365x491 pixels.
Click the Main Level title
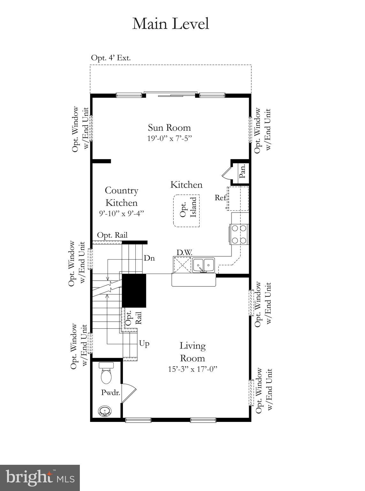coord(171,24)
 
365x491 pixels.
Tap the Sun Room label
coord(169,128)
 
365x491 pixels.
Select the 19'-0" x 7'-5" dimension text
coord(169,138)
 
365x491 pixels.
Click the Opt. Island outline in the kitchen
coord(187,211)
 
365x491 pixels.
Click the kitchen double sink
coord(203,265)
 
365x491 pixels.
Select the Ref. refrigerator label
coord(220,198)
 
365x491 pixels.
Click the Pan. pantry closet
coord(242,171)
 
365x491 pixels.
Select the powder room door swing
coord(128,392)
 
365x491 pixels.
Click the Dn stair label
coord(149,258)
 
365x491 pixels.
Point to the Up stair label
coord(144,344)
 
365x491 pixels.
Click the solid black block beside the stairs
coord(134,290)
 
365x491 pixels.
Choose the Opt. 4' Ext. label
coord(111,58)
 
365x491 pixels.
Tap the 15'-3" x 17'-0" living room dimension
coord(193,369)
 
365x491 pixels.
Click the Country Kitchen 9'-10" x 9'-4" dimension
coord(122,213)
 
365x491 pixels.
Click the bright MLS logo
coord(40,478)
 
